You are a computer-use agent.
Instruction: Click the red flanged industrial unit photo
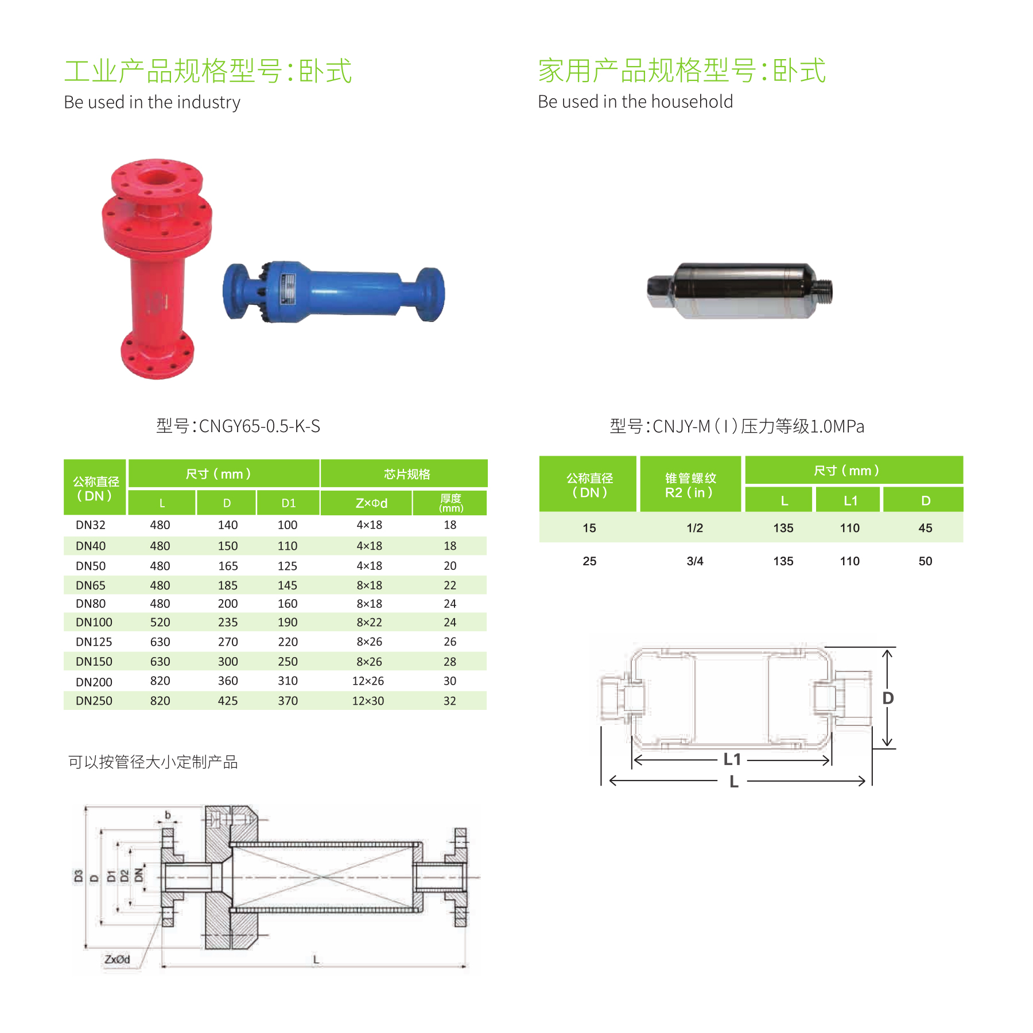click(x=156, y=269)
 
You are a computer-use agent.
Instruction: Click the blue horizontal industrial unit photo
click(x=333, y=292)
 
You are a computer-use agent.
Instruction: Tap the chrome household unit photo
click(x=740, y=290)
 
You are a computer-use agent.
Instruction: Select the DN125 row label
click(x=94, y=642)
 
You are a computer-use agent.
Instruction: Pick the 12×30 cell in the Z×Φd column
click(x=368, y=701)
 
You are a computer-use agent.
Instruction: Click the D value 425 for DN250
click(x=228, y=701)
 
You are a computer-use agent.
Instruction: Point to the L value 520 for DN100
click(x=160, y=622)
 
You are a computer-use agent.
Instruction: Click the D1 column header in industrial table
click(x=288, y=503)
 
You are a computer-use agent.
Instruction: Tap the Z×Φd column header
click(x=371, y=503)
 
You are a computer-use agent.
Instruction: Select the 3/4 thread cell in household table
click(x=695, y=561)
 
